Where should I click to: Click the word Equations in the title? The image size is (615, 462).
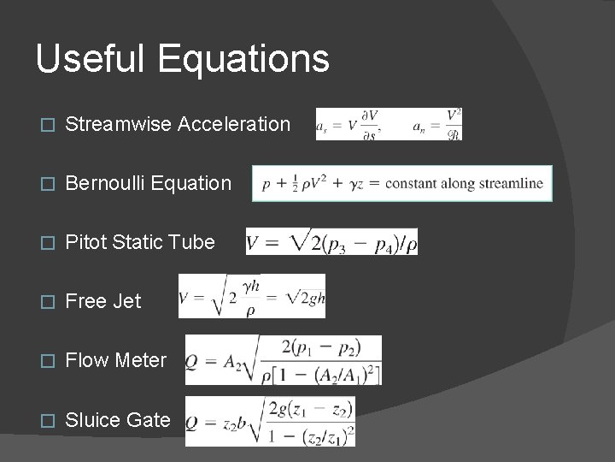tap(243, 59)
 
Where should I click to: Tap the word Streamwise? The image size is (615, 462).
tap(118, 124)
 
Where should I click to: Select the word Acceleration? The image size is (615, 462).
tap(234, 124)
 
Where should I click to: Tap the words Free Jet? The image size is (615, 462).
tap(103, 301)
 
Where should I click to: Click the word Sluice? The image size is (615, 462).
tap(92, 419)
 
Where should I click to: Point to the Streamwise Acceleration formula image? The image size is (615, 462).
tap(389, 124)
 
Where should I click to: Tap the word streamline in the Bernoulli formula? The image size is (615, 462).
tap(510, 184)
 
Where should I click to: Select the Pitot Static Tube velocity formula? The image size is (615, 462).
tap(331, 242)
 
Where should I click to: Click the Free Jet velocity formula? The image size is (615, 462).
tap(252, 296)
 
